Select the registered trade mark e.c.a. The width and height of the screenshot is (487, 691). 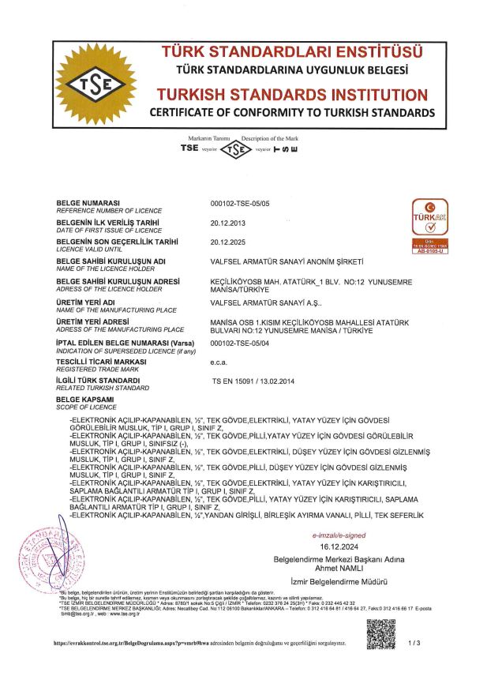tap(219, 361)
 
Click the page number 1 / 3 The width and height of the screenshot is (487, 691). tap(415, 643)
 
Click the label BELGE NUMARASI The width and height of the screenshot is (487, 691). tap(92, 203)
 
